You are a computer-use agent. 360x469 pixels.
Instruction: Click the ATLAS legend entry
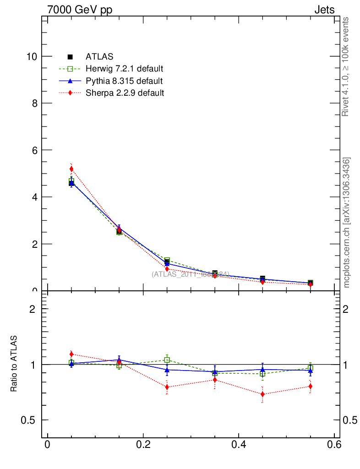99,57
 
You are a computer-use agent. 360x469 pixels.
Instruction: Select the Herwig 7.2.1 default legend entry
124,69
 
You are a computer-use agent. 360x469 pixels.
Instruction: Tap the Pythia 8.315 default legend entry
124,81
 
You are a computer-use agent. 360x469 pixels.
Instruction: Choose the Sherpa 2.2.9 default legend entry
125,93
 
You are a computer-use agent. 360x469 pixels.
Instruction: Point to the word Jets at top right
324,10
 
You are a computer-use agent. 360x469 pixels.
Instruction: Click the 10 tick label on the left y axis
32,56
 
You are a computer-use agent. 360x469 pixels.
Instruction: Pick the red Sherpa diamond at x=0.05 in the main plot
71,169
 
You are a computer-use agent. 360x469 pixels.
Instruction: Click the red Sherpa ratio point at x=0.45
262,394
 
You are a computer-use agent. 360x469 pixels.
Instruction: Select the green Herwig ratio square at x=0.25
167,360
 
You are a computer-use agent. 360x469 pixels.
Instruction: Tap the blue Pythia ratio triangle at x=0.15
119,360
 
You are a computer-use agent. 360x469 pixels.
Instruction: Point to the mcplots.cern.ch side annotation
347,223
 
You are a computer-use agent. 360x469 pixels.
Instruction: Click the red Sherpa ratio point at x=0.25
167,387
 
